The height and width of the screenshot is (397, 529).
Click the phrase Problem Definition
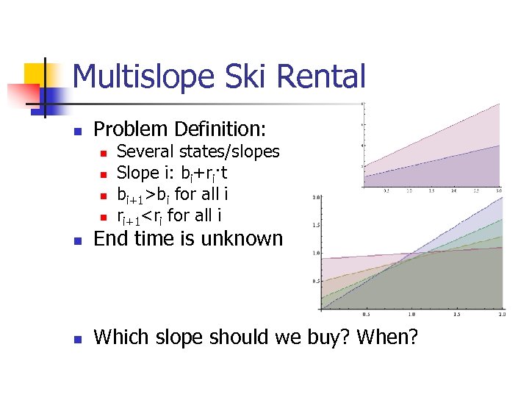pyautogui.click(x=179, y=129)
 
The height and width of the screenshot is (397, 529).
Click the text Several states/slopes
pyautogui.click(x=198, y=152)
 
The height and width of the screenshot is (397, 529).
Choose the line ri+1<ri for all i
pyautogui.click(x=170, y=216)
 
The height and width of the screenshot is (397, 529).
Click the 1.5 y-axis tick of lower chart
pyautogui.click(x=316, y=225)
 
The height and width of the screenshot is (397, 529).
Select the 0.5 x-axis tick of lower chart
pyautogui.click(x=367, y=314)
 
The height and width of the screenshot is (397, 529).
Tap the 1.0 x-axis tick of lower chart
pyautogui.click(x=412, y=314)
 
